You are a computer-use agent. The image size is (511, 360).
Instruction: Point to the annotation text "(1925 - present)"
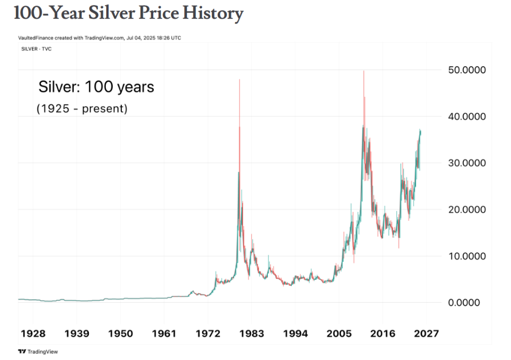(x=82, y=108)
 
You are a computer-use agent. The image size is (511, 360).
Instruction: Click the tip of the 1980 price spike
(x=240, y=80)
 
